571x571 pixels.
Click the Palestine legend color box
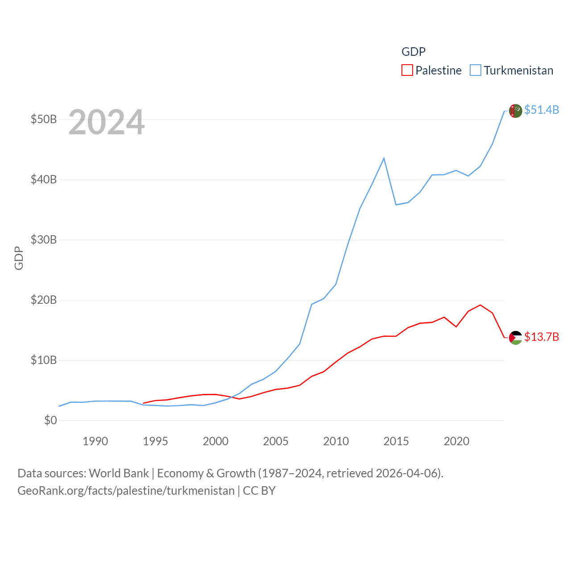[x=407, y=70]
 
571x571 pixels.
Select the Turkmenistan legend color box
[x=476, y=70]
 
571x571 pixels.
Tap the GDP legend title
[x=414, y=52]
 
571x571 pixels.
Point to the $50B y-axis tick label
[x=44, y=119]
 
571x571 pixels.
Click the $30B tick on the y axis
[x=44, y=240]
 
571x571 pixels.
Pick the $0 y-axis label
[x=50, y=420]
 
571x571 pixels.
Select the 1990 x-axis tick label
[x=95, y=441]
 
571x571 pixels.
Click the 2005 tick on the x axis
[x=276, y=441]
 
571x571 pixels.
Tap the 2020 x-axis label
[x=456, y=441]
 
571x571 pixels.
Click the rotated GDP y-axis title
[x=19, y=258]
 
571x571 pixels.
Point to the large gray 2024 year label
[x=106, y=122]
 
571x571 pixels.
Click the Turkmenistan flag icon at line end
[x=515, y=111]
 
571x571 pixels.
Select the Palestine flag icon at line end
[x=515, y=338]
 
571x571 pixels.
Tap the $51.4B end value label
[x=542, y=110]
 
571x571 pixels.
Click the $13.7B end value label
[x=542, y=337]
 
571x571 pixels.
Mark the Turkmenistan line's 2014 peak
[x=384, y=158]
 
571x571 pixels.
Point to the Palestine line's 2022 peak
[x=480, y=305]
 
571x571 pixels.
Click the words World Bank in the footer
[x=119, y=473]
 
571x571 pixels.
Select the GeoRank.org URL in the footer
[x=126, y=491]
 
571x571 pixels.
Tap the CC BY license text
[x=259, y=491]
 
